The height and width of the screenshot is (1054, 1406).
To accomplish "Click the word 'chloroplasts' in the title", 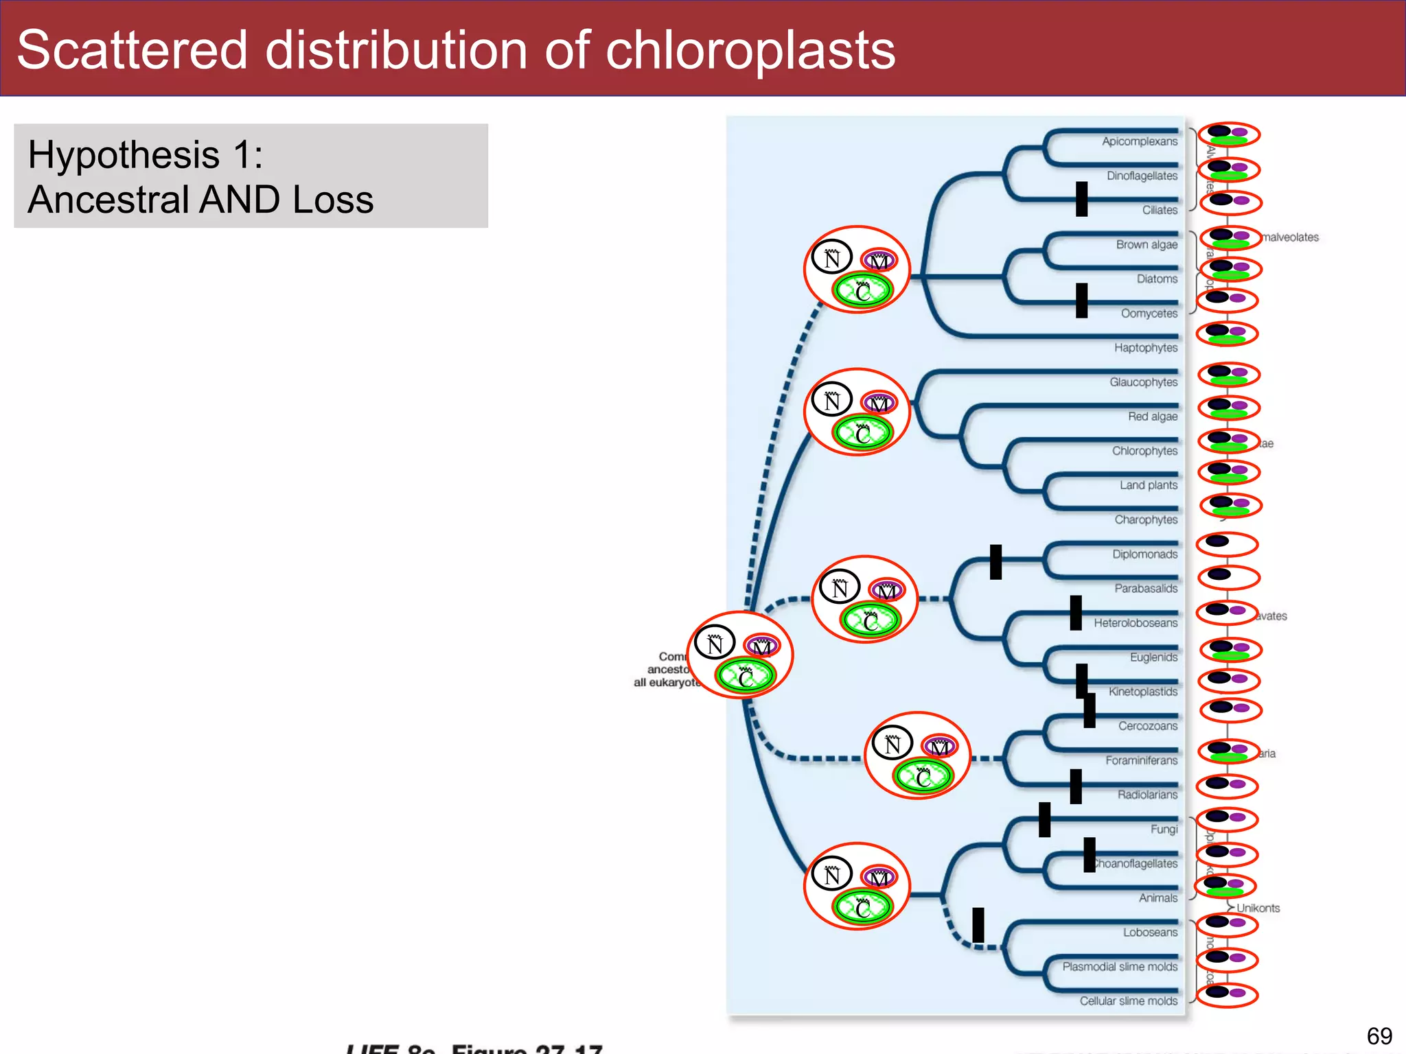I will [x=750, y=51].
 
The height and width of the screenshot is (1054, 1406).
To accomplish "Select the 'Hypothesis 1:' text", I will [x=146, y=154].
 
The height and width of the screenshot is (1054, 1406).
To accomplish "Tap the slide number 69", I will [x=1379, y=1035].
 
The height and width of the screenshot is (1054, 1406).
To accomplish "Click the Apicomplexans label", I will [x=1140, y=141].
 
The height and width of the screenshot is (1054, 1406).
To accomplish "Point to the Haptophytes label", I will [x=1145, y=348].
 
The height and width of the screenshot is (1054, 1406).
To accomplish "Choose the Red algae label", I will [x=1152, y=417].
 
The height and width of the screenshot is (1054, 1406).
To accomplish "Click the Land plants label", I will [x=1148, y=485].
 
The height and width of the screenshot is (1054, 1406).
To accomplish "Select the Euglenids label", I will [x=1153, y=657].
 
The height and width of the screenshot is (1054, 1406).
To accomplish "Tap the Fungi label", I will [x=1164, y=830].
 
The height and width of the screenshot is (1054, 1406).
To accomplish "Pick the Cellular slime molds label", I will [x=1128, y=1001].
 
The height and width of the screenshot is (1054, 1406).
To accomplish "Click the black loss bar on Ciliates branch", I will [x=1081, y=199].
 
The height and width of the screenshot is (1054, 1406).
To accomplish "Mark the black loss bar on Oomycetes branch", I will [x=1081, y=301].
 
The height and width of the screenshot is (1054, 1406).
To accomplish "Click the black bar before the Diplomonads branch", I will [x=995, y=562].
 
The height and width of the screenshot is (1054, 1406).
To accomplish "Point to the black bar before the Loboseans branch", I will [x=978, y=925].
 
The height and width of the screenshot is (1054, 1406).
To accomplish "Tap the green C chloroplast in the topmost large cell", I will [x=863, y=291].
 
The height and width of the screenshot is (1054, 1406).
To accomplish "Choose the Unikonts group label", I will [x=1258, y=908].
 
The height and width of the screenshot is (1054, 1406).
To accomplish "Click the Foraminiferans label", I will [x=1141, y=760].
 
